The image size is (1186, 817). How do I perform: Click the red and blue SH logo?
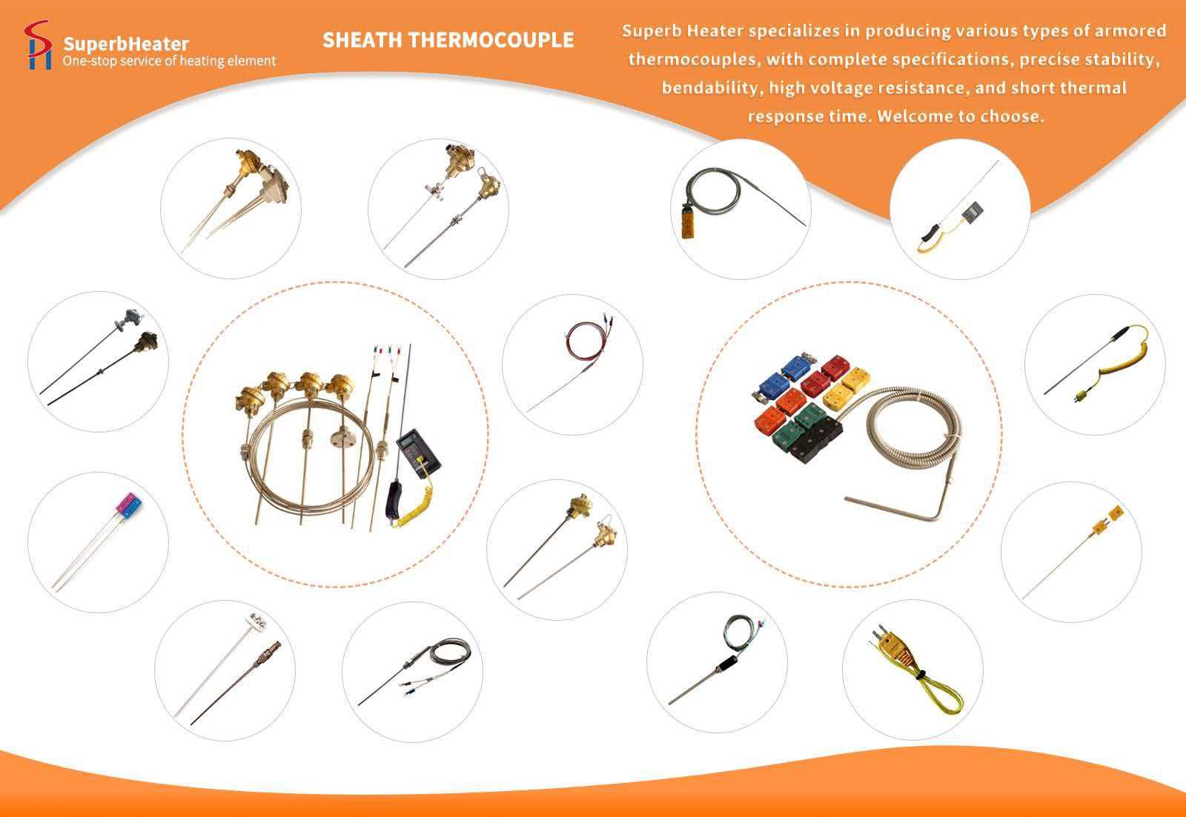(x=38, y=45)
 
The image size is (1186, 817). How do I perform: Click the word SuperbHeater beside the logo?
(x=126, y=44)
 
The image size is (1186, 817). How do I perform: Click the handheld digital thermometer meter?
(x=418, y=453)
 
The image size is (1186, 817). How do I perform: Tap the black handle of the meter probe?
(x=395, y=500)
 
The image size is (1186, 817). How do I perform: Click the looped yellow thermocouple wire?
(x=932, y=688)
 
